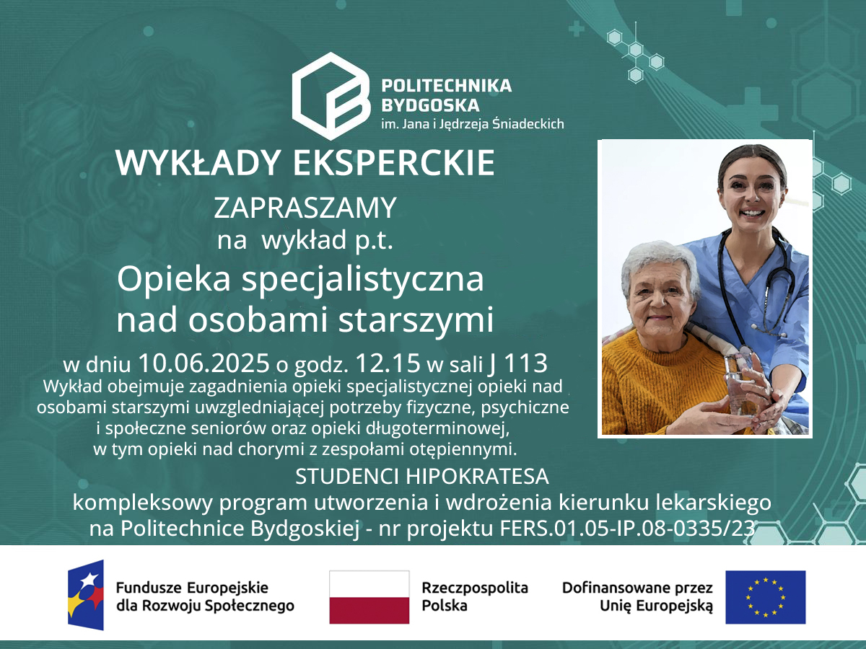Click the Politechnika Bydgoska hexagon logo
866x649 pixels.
pyautogui.click(x=331, y=96)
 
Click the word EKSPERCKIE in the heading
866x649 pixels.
pyautogui.click(x=393, y=163)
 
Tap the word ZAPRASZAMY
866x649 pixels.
pyautogui.click(x=305, y=208)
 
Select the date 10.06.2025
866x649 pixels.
pyautogui.click(x=204, y=363)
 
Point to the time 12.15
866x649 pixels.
pyautogui.click(x=388, y=363)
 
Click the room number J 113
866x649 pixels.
pyautogui.click(x=518, y=363)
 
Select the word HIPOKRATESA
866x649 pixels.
pyautogui.click(x=477, y=476)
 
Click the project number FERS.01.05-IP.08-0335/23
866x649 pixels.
pyautogui.click(x=627, y=529)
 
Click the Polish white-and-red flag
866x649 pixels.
pyautogui.click(x=369, y=597)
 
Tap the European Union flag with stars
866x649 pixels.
pyautogui.click(x=766, y=597)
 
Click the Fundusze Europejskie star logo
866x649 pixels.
pyautogui.click(x=86, y=595)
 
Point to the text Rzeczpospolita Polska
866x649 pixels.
pyautogui.click(x=475, y=596)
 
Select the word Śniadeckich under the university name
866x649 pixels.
pyautogui.click(x=528, y=123)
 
